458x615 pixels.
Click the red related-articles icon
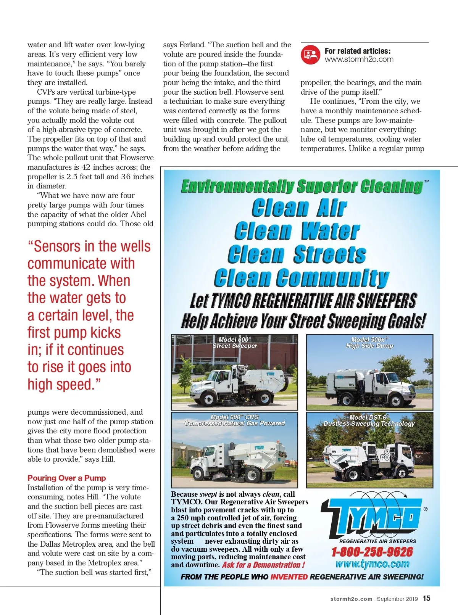click(x=310, y=55)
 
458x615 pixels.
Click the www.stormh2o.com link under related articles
click(x=359, y=60)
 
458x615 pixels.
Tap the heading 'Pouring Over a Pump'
click(x=66, y=478)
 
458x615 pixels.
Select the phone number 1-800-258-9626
click(x=372, y=552)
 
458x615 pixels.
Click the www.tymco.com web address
click(x=372, y=564)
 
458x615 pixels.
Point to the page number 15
click(x=426, y=598)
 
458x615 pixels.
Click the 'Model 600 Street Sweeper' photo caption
click(x=234, y=343)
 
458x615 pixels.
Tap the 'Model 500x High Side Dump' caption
click(x=369, y=343)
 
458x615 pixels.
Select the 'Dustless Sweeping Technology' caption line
click(x=369, y=423)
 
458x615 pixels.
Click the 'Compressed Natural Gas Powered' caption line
click(x=234, y=423)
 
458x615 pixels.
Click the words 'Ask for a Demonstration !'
click(x=263, y=565)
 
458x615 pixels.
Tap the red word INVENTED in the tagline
click(x=289, y=577)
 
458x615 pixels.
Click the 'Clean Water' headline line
click(x=297, y=231)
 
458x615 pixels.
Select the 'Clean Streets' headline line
click(x=297, y=254)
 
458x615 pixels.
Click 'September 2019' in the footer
click(x=397, y=599)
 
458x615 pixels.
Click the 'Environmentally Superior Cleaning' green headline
click(x=302, y=187)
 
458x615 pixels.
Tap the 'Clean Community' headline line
click(x=302, y=278)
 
